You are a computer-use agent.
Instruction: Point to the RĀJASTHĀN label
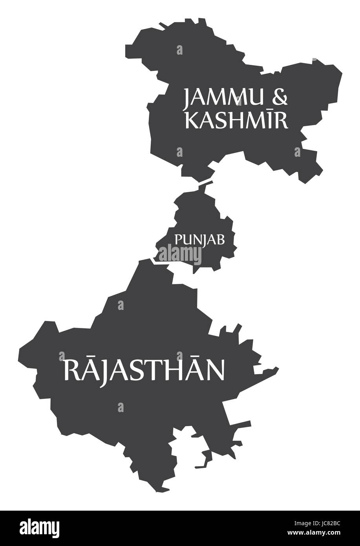[144, 370]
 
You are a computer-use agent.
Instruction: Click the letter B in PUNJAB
[221, 239]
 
